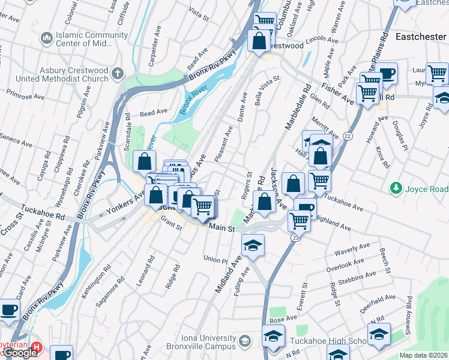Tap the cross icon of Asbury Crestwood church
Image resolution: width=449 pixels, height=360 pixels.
point(116,74)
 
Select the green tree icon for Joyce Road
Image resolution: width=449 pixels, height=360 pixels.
point(396,189)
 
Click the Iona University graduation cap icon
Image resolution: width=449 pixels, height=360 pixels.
point(244,341)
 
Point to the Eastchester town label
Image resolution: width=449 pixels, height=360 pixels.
point(421,37)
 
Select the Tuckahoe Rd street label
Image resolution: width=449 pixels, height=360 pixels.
point(43,211)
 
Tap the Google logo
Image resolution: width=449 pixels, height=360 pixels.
point(20,353)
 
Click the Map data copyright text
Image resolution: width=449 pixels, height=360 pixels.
point(423,355)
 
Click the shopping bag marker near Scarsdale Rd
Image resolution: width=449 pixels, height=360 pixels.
point(145,161)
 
